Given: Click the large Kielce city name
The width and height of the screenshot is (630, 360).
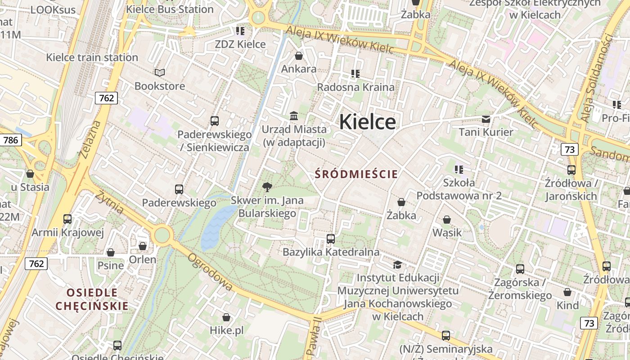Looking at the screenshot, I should (367, 122).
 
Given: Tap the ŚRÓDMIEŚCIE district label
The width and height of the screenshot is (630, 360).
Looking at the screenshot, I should (356, 174).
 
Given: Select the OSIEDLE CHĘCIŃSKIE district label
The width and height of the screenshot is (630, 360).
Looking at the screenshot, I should (92, 299).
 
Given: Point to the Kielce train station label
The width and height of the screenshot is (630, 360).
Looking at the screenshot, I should (92, 57).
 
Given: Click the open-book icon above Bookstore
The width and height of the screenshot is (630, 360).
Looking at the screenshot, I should (159, 72).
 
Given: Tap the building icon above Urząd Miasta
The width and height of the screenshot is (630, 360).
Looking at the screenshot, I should (294, 116).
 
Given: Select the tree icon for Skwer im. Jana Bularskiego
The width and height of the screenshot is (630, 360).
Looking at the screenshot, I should (267, 187).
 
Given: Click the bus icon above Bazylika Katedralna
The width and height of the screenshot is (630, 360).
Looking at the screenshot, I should (331, 238).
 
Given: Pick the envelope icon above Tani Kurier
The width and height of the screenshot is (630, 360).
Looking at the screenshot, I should (486, 119).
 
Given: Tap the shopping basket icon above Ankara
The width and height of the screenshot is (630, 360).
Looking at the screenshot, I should (298, 56).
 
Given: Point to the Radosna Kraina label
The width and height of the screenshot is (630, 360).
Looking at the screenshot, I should (355, 87).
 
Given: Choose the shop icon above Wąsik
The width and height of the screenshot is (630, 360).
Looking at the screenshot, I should (447, 220).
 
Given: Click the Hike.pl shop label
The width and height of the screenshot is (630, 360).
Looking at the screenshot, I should (226, 330).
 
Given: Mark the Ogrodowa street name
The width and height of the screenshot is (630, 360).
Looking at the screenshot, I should (210, 272).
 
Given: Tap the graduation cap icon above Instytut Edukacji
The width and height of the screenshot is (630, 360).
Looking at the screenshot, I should (397, 264).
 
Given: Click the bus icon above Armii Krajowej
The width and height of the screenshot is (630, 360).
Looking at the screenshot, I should (67, 219).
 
